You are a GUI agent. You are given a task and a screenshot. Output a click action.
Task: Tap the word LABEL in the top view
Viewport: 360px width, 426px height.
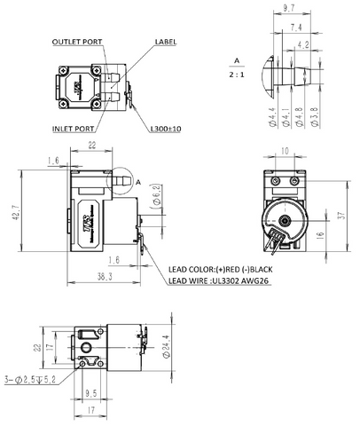point(166,43)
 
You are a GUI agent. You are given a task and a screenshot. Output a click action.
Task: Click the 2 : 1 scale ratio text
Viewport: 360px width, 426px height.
point(236,74)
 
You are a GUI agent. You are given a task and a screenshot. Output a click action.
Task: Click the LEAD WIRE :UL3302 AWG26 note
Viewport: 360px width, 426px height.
point(218,281)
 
